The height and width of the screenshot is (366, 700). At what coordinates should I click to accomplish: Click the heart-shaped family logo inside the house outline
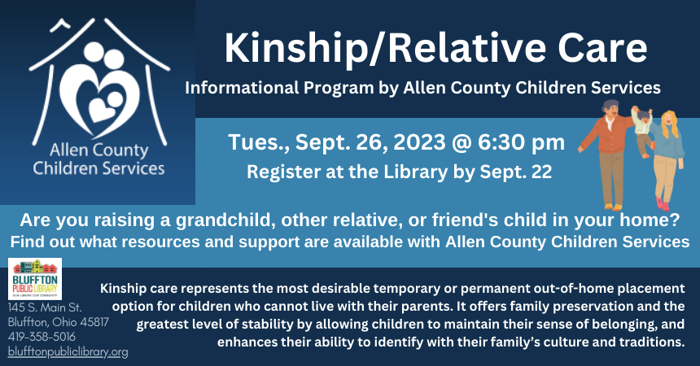107,91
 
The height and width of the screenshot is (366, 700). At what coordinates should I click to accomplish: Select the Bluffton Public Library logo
35,279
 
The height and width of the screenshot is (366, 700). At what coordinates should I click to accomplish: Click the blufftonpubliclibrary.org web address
68,352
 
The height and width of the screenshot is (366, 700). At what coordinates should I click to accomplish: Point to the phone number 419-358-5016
42,337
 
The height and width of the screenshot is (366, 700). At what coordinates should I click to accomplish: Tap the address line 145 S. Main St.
45,307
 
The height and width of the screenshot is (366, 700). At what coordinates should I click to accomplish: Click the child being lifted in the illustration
642,124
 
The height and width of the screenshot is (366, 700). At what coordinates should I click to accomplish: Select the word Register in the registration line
279,172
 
